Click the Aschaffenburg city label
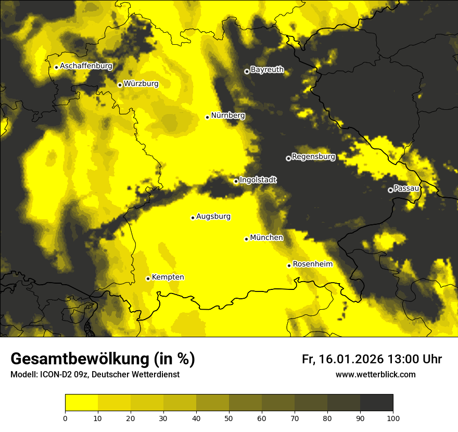[x=86, y=66]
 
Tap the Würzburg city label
[x=141, y=84]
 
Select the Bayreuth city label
[x=267, y=70]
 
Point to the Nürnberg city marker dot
[x=207, y=117]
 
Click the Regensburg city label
[x=313, y=157]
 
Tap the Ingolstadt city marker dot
[x=236, y=181]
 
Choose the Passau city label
[x=406, y=188]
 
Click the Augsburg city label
[x=213, y=217]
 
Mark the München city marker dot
[x=246, y=239]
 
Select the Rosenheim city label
[x=312, y=264]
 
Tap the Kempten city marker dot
[x=148, y=278]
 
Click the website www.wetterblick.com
[x=375, y=374]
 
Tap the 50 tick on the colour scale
[x=229, y=417]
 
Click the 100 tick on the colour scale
[x=393, y=417]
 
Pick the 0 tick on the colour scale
[x=65, y=417]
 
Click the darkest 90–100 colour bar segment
[x=376, y=403]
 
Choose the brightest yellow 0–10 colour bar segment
[x=81, y=403]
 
